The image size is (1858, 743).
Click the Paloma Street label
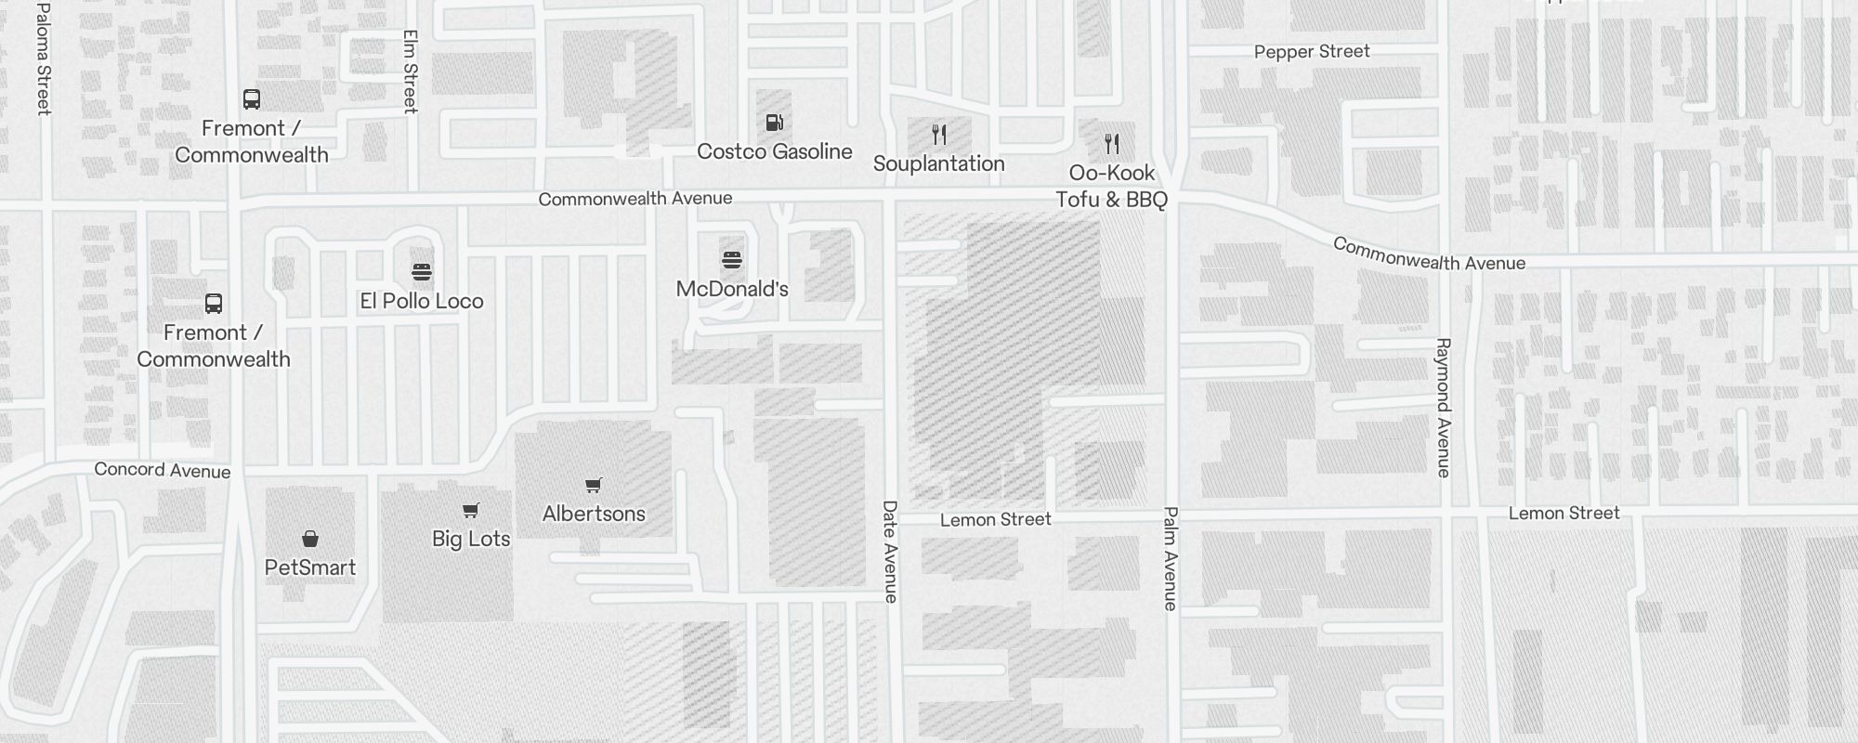point(43,59)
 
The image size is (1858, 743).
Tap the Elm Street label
point(411,72)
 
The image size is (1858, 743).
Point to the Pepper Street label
point(1312,52)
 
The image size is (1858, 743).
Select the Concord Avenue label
point(162,470)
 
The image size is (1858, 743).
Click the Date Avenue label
point(890,552)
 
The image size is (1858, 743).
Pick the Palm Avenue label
point(1171,558)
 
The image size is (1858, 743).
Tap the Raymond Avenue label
point(1443,408)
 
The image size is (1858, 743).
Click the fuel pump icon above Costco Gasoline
point(774,123)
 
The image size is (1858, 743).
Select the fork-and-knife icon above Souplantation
point(939,135)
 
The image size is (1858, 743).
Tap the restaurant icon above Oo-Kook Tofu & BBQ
point(1112,144)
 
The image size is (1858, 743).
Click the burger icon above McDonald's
point(732,260)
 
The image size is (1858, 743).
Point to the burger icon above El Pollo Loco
point(422,272)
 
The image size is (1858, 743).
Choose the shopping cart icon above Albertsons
point(594,485)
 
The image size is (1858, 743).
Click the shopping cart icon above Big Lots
point(471,510)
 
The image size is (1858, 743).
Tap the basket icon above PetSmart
point(310,539)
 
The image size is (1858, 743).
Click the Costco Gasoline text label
point(774,151)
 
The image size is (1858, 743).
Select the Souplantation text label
point(938,163)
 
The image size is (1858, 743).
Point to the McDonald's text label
point(732,289)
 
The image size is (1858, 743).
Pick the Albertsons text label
point(594,514)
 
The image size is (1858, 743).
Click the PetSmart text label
point(310,567)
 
